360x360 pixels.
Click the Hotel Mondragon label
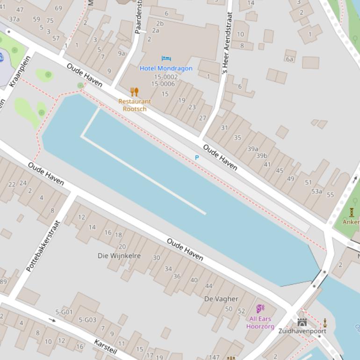pos(166,68)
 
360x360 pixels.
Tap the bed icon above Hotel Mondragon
pos(166,58)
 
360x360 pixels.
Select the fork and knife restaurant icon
pos(135,92)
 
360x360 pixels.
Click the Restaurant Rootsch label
pos(135,105)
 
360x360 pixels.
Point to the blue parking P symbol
pos(197,158)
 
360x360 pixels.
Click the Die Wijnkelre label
pos(119,256)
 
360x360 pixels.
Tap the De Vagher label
pos(221,299)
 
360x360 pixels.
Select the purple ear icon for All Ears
pos(260,309)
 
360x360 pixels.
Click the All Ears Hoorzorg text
pos(260,323)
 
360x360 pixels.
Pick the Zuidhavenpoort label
pos(302,331)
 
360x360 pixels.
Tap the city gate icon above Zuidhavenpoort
pos(302,322)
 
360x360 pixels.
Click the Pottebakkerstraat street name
pos(43,246)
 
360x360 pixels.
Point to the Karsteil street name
pos(106,346)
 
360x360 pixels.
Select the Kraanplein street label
pos(19,71)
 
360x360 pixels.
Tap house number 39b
pos(261,156)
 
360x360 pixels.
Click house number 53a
pos(317,191)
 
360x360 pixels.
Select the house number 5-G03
pos(87,320)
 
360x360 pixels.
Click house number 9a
pos(122,54)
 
